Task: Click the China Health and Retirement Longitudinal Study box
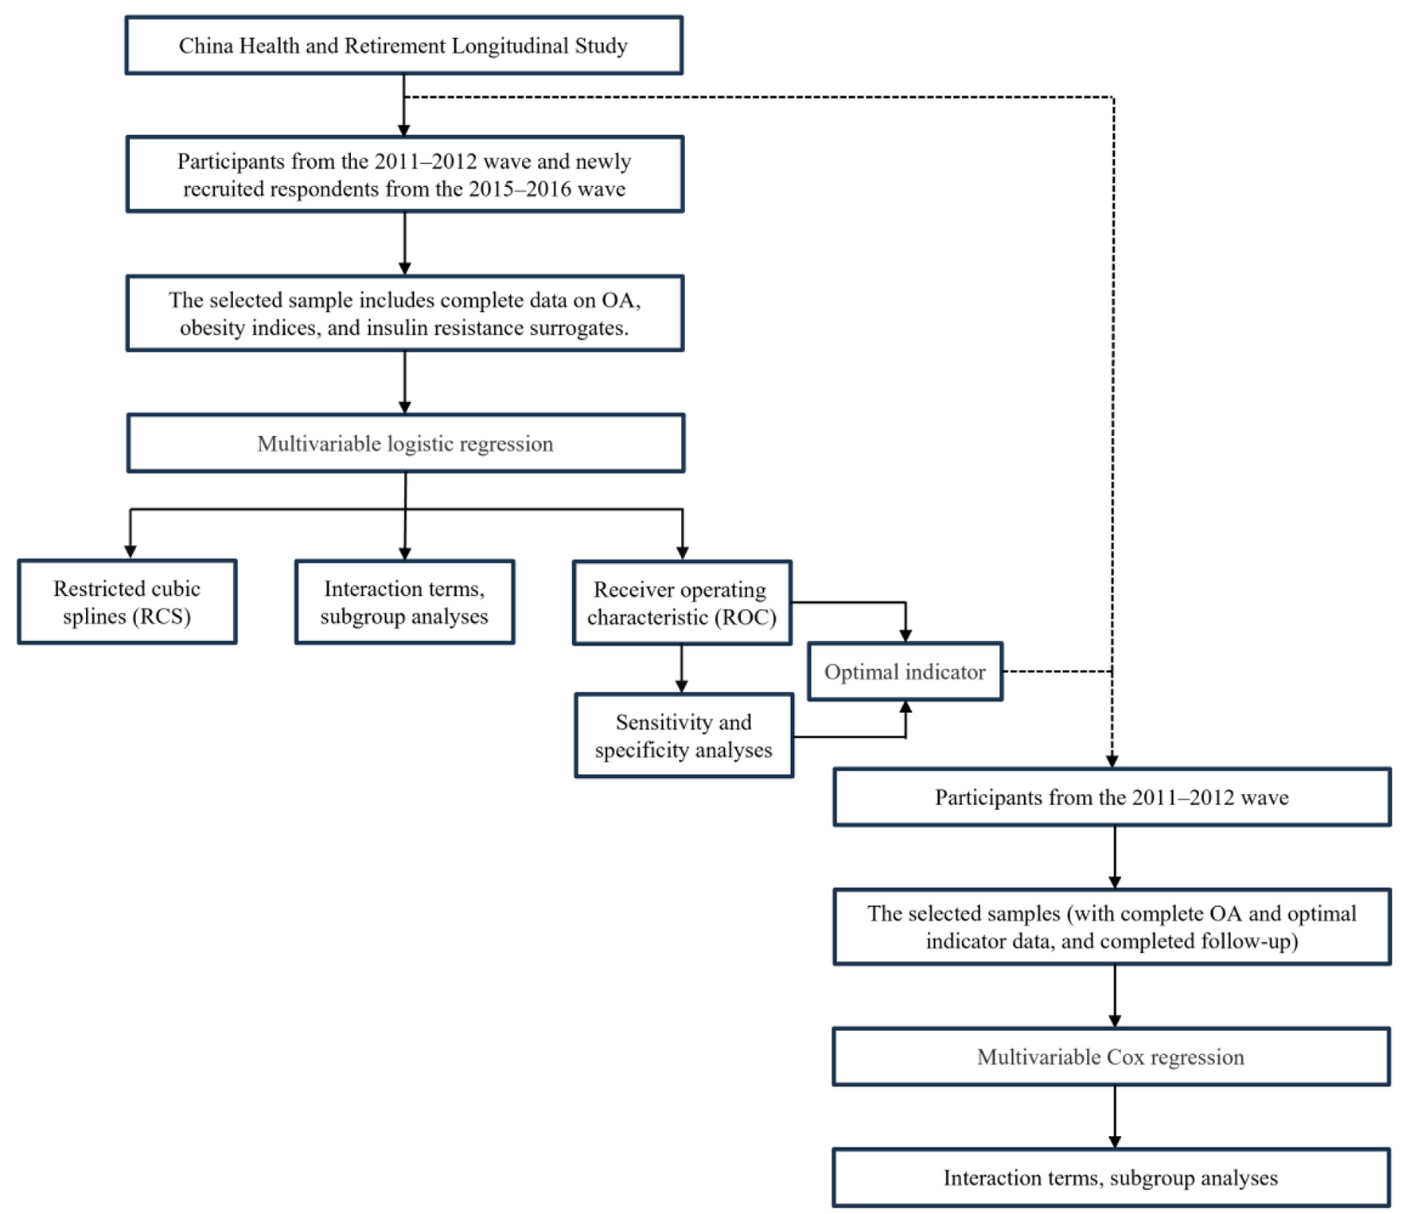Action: click(x=403, y=45)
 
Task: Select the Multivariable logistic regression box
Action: click(x=405, y=443)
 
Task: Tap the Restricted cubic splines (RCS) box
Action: click(x=127, y=602)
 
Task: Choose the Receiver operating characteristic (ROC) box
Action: click(x=682, y=603)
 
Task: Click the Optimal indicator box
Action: click(x=905, y=672)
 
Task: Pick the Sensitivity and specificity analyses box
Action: click(x=684, y=736)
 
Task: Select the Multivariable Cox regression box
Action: click(x=1111, y=1057)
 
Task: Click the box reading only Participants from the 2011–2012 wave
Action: click(x=1112, y=797)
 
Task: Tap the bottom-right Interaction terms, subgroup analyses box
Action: click(x=1111, y=1178)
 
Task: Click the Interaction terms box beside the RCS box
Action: click(x=404, y=602)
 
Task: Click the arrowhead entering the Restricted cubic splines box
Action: click(x=130, y=551)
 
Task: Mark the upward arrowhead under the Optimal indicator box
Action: click(x=906, y=707)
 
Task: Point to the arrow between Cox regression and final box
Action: click(x=1115, y=1115)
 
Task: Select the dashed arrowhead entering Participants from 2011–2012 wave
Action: click(x=1112, y=761)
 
